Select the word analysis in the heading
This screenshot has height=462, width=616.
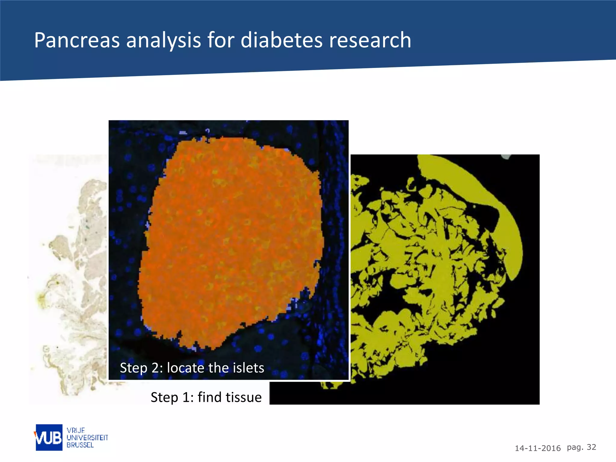coord(163,41)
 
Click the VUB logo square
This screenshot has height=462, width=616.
coord(49,438)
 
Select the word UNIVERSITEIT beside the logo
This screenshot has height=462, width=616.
coord(87,438)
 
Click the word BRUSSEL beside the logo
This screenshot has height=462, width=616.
coord(80,445)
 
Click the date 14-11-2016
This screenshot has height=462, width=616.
coord(537,448)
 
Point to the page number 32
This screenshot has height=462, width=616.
coord(591,447)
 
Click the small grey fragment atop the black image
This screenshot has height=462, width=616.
coord(506,157)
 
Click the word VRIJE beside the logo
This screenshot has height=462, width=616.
coord(76,430)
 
